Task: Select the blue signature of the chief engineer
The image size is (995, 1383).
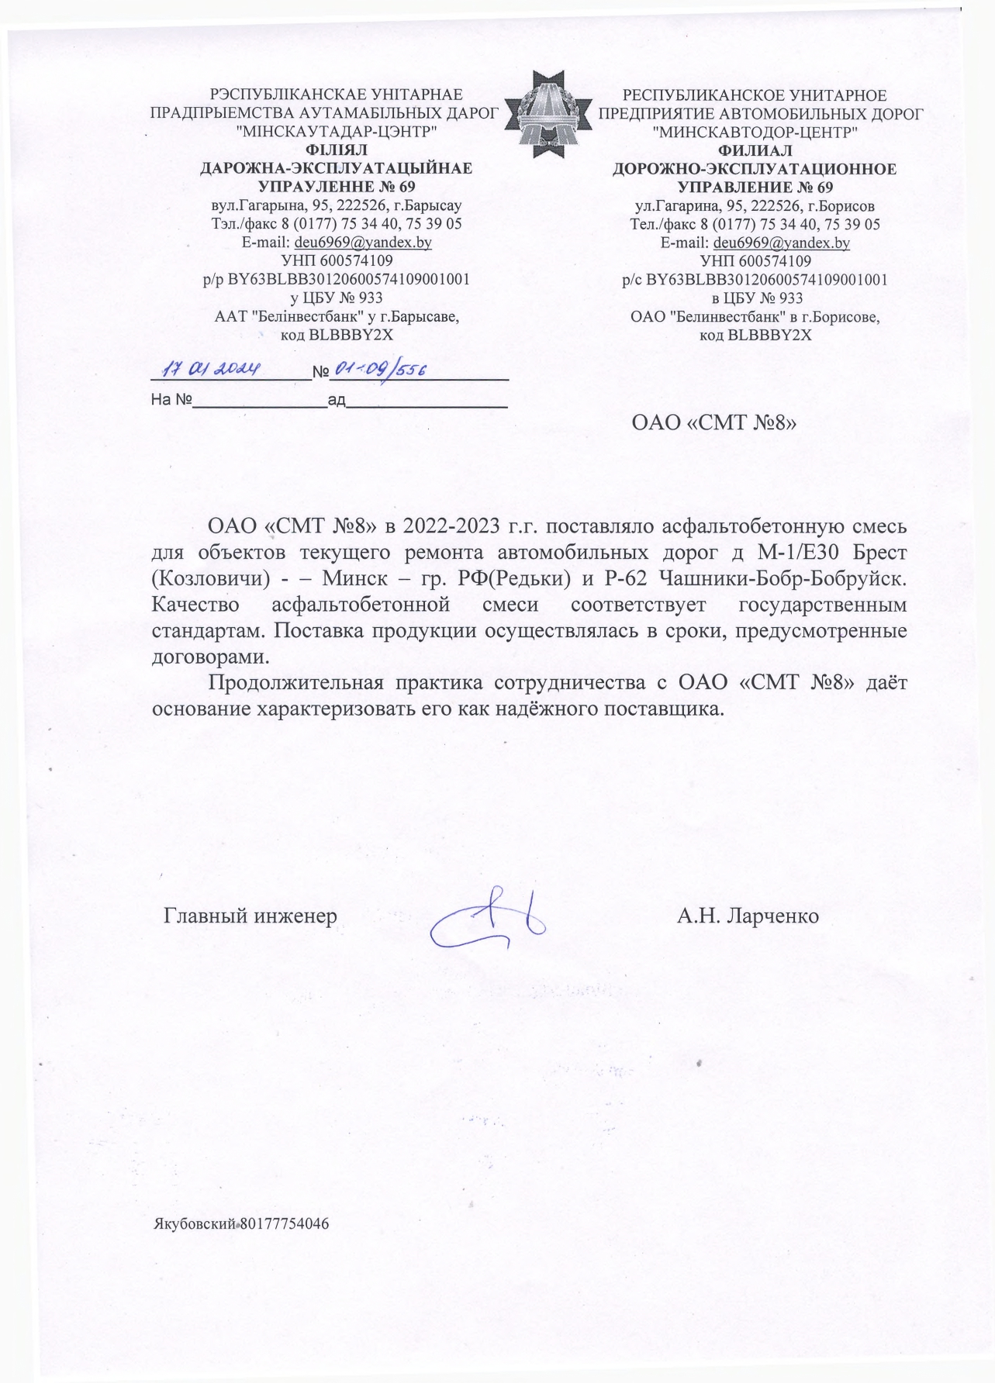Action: [x=489, y=919]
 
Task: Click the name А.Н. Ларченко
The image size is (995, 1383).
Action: [x=748, y=916]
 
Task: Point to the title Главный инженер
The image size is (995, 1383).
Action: [x=250, y=916]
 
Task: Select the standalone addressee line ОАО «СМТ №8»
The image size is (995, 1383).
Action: [x=714, y=423]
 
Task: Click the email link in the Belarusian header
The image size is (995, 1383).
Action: [x=363, y=242]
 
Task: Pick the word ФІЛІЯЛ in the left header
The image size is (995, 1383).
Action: [x=337, y=150]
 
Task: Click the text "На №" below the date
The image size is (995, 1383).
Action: [x=171, y=401]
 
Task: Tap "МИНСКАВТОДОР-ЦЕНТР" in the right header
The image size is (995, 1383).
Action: [x=755, y=132]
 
